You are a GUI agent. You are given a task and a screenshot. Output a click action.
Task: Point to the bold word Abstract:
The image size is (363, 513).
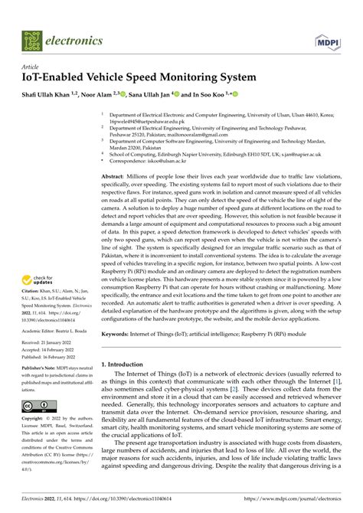[116, 176]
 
